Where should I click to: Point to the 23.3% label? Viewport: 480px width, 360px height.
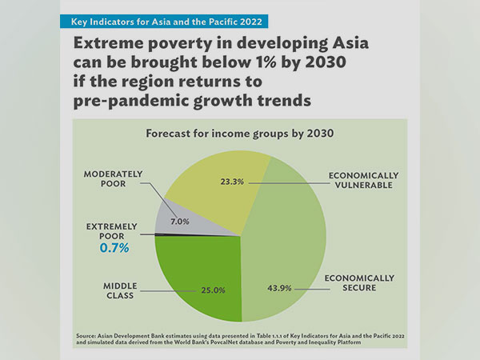230,182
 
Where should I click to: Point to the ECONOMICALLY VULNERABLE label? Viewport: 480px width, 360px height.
363,180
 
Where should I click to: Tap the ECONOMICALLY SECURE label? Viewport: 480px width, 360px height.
359,284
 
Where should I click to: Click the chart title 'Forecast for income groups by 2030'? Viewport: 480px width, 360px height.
239,134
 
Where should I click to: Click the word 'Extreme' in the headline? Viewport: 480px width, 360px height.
108,42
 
